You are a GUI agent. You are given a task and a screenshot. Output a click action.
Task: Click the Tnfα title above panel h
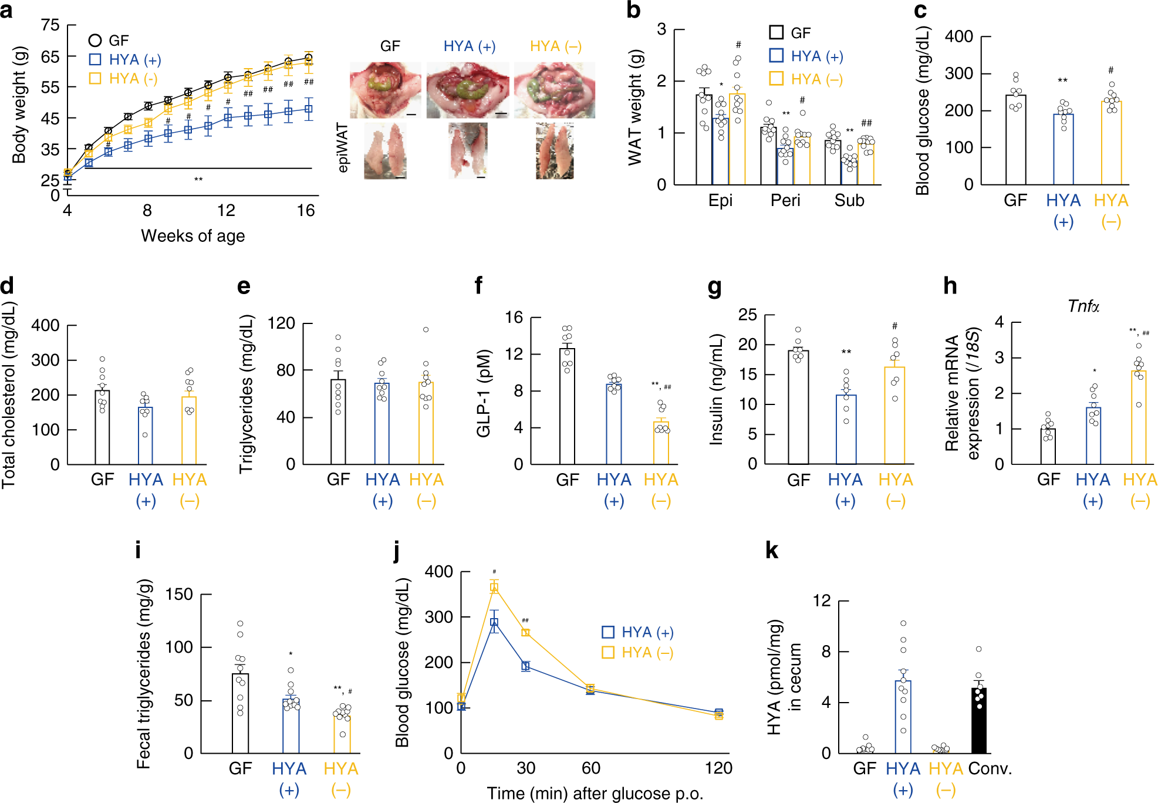(x=1083, y=306)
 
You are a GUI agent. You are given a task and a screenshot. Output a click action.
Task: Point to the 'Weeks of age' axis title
(x=193, y=236)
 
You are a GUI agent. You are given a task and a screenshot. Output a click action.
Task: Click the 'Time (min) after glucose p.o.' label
(x=595, y=794)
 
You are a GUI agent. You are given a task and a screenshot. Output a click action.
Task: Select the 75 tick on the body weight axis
(x=50, y=25)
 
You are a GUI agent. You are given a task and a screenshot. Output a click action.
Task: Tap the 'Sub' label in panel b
(x=849, y=201)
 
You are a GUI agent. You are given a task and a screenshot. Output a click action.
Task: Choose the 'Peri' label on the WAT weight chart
(x=785, y=201)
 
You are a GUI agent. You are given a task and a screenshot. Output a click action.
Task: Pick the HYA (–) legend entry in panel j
(x=637, y=653)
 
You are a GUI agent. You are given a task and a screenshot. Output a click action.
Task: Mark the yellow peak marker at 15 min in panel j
(x=494, y=587)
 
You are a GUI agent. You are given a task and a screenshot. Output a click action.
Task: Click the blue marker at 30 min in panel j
(x=525, y=666)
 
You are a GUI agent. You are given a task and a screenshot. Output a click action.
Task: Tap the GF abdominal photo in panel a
(x=385, y=90)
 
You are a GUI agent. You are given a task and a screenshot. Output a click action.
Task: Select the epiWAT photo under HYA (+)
(x=468, y=150)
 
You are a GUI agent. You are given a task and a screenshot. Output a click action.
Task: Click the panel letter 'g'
(x=714, y=287)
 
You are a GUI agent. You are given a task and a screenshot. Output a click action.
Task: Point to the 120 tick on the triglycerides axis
(x=281, y=323)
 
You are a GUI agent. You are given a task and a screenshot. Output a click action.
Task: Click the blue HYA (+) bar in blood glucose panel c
(x=1063, y=149)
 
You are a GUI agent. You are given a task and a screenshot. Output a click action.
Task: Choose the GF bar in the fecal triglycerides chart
(x=240, y=713)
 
